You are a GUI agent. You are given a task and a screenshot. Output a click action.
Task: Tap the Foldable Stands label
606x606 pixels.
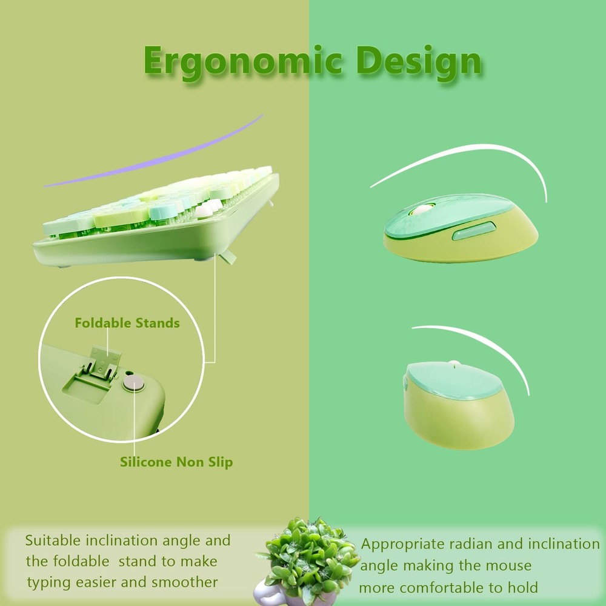click(127, 323)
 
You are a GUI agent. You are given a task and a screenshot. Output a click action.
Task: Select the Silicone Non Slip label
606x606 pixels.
click(176, 462)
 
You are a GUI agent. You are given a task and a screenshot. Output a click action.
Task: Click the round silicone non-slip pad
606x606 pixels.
click(134, 384)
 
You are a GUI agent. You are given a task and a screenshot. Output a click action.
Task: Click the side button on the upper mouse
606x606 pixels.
click(474, 231)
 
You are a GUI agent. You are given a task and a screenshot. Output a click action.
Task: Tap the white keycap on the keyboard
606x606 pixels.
click(204, 211)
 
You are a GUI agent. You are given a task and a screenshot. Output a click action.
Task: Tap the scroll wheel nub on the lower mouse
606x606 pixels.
click(454, 363)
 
